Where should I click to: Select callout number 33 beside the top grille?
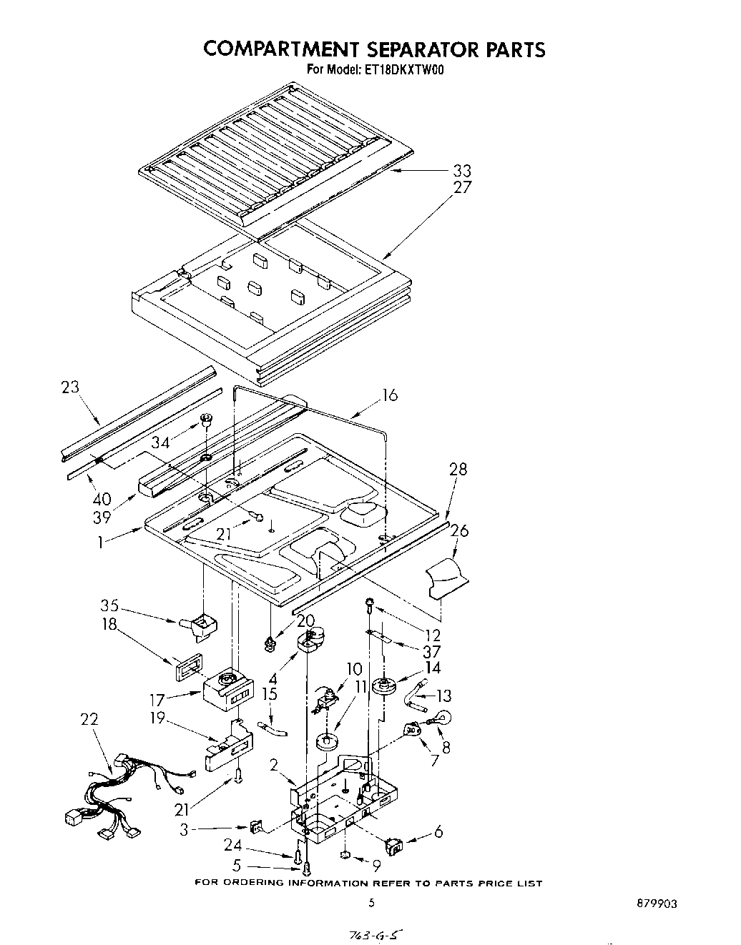pos(461,171)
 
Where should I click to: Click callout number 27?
pos(461,187)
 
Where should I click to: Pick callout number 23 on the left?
pos(70,388)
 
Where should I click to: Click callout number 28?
pos(458,470)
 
